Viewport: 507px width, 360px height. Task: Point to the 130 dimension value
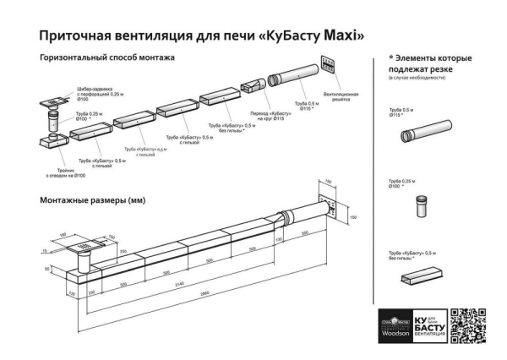277,239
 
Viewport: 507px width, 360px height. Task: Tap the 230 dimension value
91,292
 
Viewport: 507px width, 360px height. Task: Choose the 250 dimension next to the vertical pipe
123,251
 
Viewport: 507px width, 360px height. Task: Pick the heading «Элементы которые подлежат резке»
429,63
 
